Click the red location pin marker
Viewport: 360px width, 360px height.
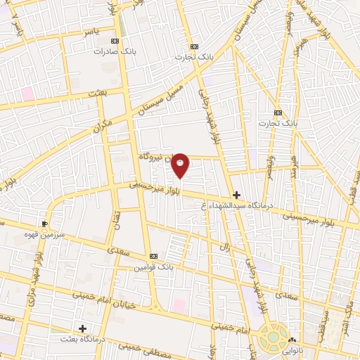181,165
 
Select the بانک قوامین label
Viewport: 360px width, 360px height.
155,267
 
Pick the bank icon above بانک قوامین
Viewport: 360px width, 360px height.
154,256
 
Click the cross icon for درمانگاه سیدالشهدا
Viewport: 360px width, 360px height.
237,195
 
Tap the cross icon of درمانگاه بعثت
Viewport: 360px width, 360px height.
83,328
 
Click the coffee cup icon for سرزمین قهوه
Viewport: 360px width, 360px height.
45,223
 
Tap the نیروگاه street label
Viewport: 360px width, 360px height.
152,155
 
